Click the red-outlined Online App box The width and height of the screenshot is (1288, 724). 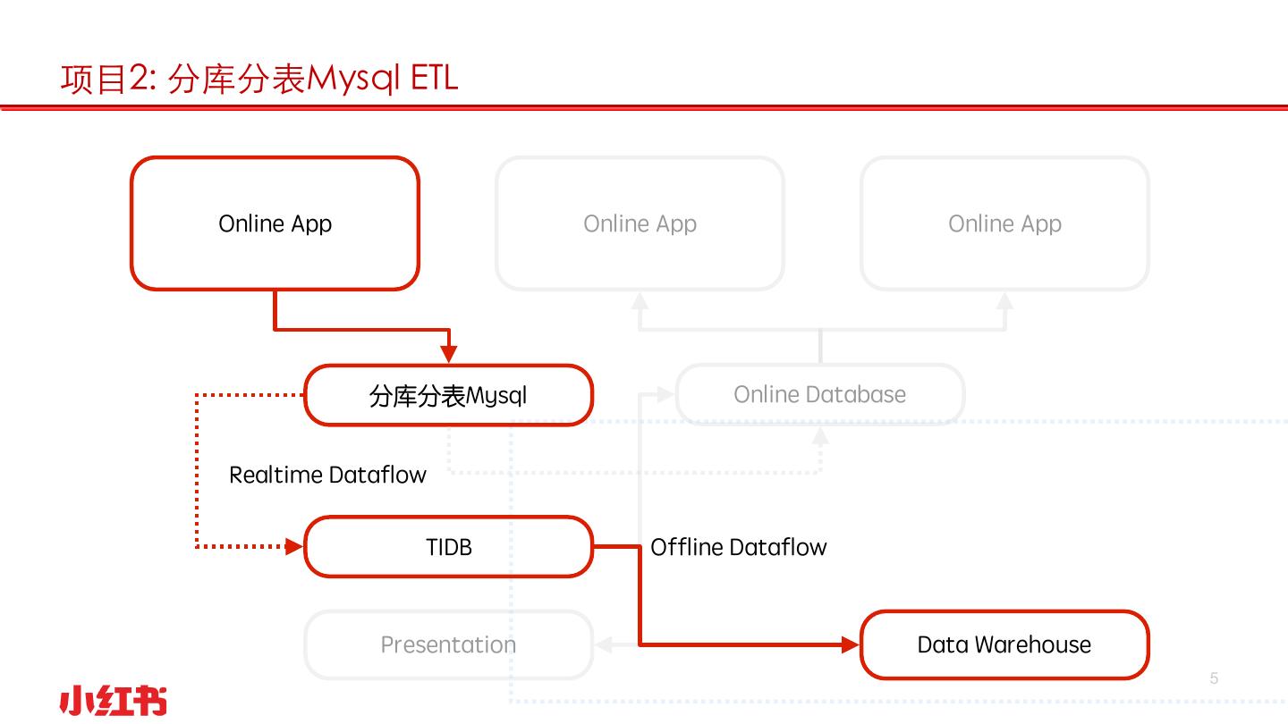point(275,223)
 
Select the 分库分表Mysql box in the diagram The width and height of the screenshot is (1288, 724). point(448,395)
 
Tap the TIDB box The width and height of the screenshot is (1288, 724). point(448,546)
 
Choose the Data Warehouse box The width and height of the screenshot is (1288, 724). point(1004,644)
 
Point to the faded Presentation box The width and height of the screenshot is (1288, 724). point(448,644)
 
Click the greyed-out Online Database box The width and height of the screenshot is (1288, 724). point(819,394)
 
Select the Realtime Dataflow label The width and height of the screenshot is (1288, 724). point(327,475)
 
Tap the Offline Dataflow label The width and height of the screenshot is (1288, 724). point(738,547)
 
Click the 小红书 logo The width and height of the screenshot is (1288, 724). point(113,701)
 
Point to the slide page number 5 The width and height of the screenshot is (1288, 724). point(1214,678)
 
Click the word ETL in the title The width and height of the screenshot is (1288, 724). point(434,79)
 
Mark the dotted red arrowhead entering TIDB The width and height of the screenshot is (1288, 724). point(294,546)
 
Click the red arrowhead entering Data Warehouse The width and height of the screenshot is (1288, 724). point(851,644)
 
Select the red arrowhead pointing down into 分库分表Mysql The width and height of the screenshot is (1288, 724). point(449,354)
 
